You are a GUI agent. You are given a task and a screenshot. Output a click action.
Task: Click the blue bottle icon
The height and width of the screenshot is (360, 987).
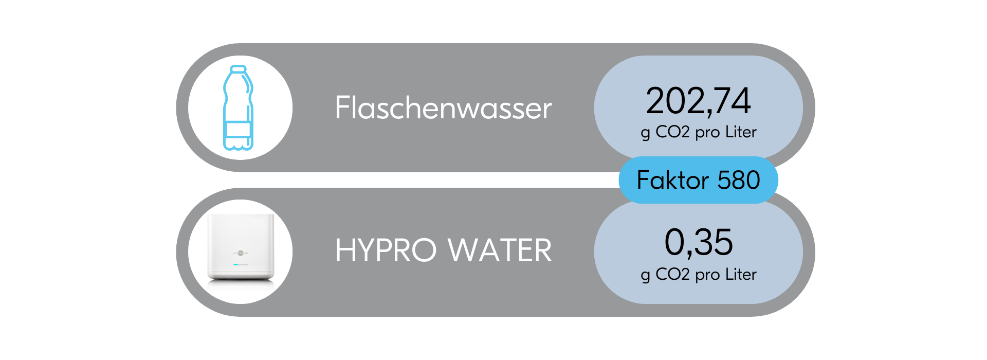(x=238, y=107)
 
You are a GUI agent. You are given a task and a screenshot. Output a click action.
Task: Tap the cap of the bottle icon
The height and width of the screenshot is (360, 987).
(x=238, y=68)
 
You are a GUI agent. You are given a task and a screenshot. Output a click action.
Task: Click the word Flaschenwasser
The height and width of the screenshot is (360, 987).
(x=443, y=108)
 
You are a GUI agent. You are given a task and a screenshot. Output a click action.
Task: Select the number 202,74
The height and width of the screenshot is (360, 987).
(x=698, y=101)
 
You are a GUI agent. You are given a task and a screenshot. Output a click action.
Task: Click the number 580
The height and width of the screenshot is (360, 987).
(x=739, y=181)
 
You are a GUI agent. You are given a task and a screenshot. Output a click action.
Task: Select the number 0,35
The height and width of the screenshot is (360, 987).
(x=698, y=242)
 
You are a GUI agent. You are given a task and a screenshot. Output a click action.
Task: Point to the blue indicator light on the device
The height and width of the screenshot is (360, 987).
(x=236, y=264)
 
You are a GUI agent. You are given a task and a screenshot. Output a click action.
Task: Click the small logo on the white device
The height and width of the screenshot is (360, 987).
(x=241, y=253)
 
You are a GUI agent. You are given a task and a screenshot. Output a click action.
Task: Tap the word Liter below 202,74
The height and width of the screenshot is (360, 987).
(x=741, y=132)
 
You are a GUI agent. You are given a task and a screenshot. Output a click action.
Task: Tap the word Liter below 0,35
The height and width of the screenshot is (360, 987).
(x=741, y=275)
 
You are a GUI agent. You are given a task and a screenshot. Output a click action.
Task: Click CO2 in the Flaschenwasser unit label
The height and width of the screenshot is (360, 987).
(x=672, y=132)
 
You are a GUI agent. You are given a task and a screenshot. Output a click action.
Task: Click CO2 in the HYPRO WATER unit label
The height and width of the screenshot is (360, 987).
(x=672, y=275)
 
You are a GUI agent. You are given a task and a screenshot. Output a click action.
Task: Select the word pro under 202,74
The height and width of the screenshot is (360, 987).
(x=707, y=133)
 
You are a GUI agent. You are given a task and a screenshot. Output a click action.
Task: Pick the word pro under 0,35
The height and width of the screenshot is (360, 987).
(x=707, y=276)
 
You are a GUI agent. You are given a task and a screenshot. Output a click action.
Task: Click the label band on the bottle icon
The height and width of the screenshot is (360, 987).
(x=238, y=129)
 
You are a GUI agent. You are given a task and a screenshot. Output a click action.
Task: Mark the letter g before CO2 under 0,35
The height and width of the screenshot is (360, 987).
(x=645, y=276)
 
